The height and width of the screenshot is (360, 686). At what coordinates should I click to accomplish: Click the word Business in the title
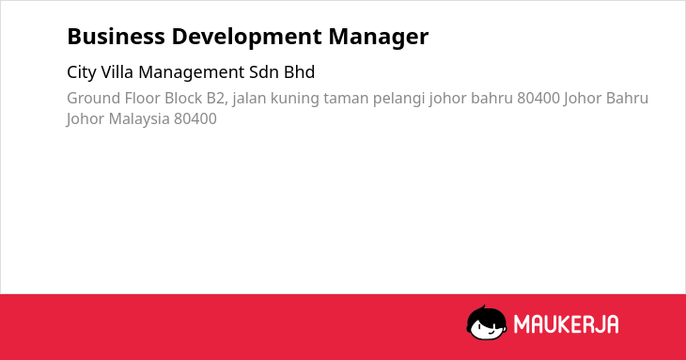coord(116,37)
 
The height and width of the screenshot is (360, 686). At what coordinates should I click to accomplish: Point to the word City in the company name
coord(82,72)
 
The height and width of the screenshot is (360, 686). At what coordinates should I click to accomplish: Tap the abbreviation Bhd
coord(299,72)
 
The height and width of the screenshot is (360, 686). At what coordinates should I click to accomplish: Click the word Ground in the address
coord(93,98)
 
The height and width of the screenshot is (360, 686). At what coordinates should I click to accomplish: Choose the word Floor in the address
coord(142,98)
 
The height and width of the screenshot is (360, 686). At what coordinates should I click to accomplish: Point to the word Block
coord(183,98)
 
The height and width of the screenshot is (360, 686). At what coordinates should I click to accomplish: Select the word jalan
coord(249,99)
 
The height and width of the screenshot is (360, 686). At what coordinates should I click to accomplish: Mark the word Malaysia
coord(139,119)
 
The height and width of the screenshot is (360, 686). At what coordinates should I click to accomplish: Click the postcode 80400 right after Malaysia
coord(195,119)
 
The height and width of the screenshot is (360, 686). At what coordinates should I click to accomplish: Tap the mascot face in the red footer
coord(487,323)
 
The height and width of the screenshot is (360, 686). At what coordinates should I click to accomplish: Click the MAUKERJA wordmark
coord(566,324)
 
